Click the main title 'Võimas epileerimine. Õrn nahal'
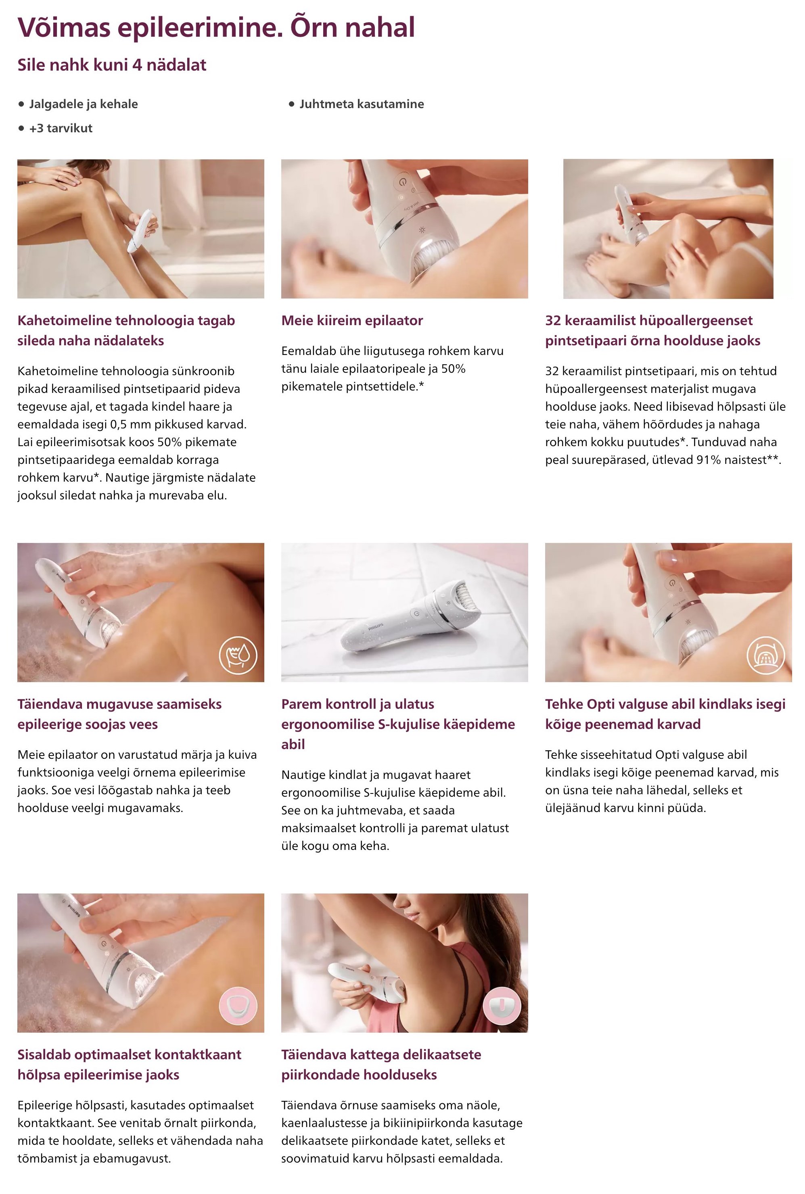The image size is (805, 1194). click(x=216, y=28)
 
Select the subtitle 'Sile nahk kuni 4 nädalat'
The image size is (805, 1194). click(x=112, y=65)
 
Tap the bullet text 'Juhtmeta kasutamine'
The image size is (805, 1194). click(x=362, y=104)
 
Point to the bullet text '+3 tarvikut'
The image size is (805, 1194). click(x=61, y=128)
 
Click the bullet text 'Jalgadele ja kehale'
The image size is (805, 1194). click(x=83, y=104)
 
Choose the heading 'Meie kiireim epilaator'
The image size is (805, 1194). click(x=352, y=320)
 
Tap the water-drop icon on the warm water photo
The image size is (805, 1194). click(x=238, y=655)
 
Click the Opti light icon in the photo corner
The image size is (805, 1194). click(x=765, y=655)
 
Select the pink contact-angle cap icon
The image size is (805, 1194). click(x=238, y=1005)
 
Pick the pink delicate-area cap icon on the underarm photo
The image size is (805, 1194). click(x=502, y=1005)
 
